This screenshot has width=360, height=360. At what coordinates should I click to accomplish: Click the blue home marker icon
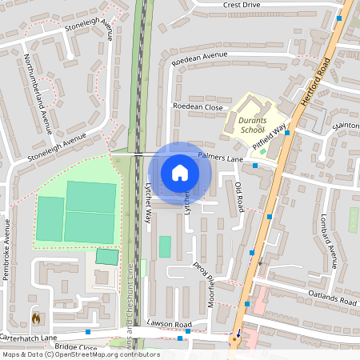click(180, 172)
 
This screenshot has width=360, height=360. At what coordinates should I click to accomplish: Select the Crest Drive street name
click(242, 5)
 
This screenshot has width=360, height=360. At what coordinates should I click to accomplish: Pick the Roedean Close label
click(198, 106)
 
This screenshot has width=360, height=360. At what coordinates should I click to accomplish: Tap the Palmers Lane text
click(220, 158)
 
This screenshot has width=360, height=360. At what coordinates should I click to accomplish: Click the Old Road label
click(238, 197)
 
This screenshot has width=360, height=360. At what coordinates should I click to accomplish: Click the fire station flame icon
click(35, 318)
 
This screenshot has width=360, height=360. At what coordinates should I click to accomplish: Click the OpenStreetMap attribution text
click(80, 354)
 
